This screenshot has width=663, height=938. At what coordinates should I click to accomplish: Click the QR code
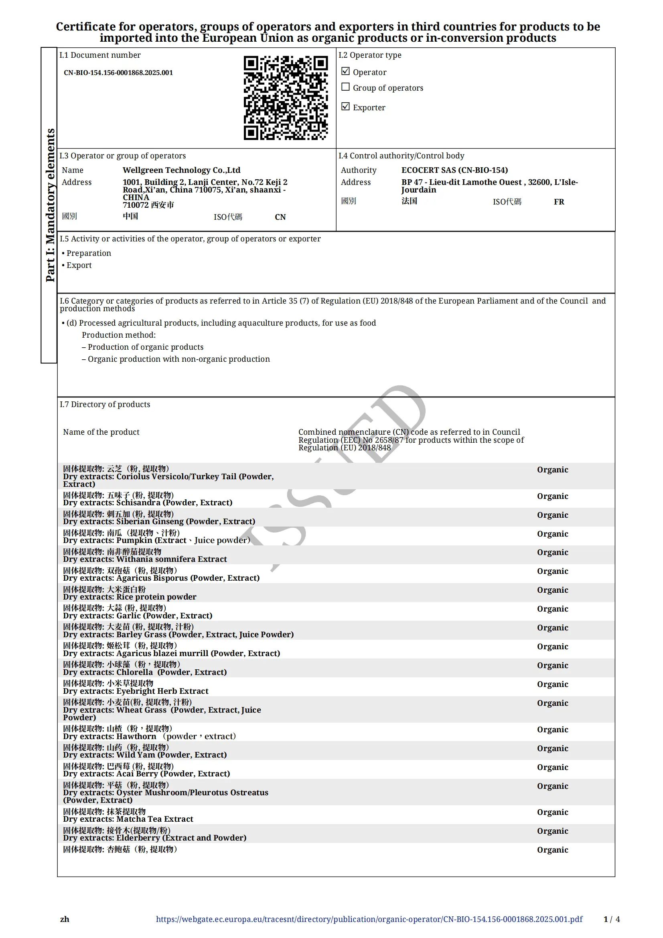tap(286, 97)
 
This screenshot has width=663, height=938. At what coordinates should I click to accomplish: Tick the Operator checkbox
tap(345, 71)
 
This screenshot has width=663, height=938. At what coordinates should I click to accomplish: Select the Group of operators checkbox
tap(345, 87)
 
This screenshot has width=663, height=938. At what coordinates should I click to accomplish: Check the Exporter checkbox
tap(345, 106)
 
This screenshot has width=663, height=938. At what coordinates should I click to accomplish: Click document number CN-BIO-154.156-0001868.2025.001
tap(118, 73)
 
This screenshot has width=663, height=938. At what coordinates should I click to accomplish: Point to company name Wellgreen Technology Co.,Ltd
tap(181, 170)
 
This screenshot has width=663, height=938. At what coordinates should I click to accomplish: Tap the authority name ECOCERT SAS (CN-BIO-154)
tap(454, 170)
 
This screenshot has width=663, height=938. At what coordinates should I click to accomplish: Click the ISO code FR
tap(558, 202)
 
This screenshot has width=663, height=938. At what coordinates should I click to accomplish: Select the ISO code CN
tap(280, 217)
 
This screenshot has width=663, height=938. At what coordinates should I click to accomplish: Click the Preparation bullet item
tap(89, 253)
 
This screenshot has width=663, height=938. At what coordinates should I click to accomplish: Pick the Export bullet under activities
tap(79, 265)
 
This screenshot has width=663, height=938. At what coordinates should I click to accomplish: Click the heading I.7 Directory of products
tap(105, 405)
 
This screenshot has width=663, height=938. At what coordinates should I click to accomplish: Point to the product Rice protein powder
tap(156, 597)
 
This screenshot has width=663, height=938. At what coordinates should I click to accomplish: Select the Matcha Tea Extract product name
tap(154, 819)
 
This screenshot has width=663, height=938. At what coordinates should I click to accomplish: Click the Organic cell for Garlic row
tap(552, 609)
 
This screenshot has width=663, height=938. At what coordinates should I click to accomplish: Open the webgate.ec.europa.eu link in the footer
tap(369, 919)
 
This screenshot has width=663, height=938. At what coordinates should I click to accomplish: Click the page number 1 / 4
tap(611, 919)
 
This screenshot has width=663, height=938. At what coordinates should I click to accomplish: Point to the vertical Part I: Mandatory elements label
tap(50, 205)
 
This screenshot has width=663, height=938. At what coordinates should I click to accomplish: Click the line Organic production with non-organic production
tap(178, 359)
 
